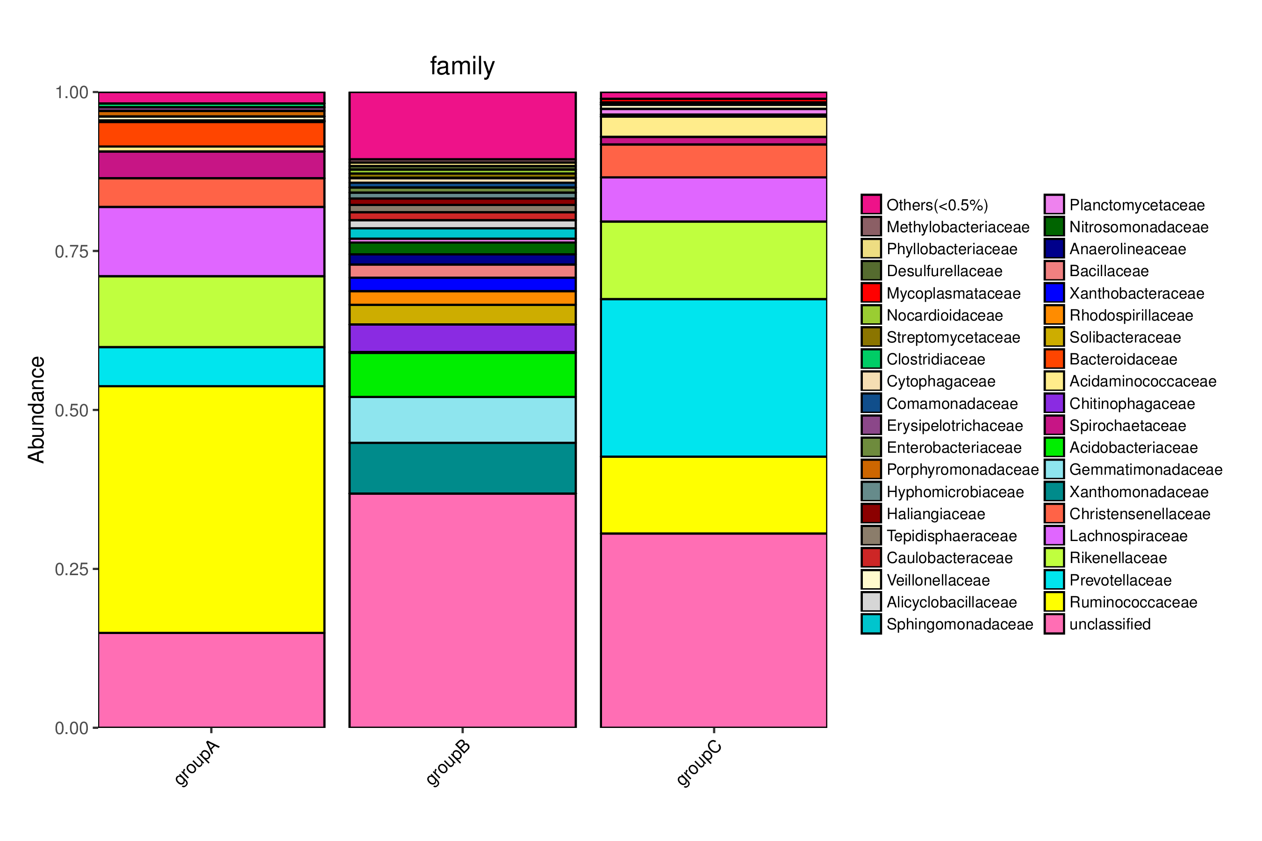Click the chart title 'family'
[x=462, y=66]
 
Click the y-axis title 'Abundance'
[x=36, y=409]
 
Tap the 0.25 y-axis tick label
[x=72, y=569]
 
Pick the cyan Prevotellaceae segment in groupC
[x=713, y=378]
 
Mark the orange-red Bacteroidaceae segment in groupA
[x=211, y=134]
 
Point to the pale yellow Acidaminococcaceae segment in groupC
[x=713, y=127]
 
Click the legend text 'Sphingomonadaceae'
[x=960, y=624]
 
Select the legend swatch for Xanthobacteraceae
[x=1054, y=293]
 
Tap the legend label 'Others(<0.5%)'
[x=937, y=205]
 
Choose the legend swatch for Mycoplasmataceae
[x=871, y=293]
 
